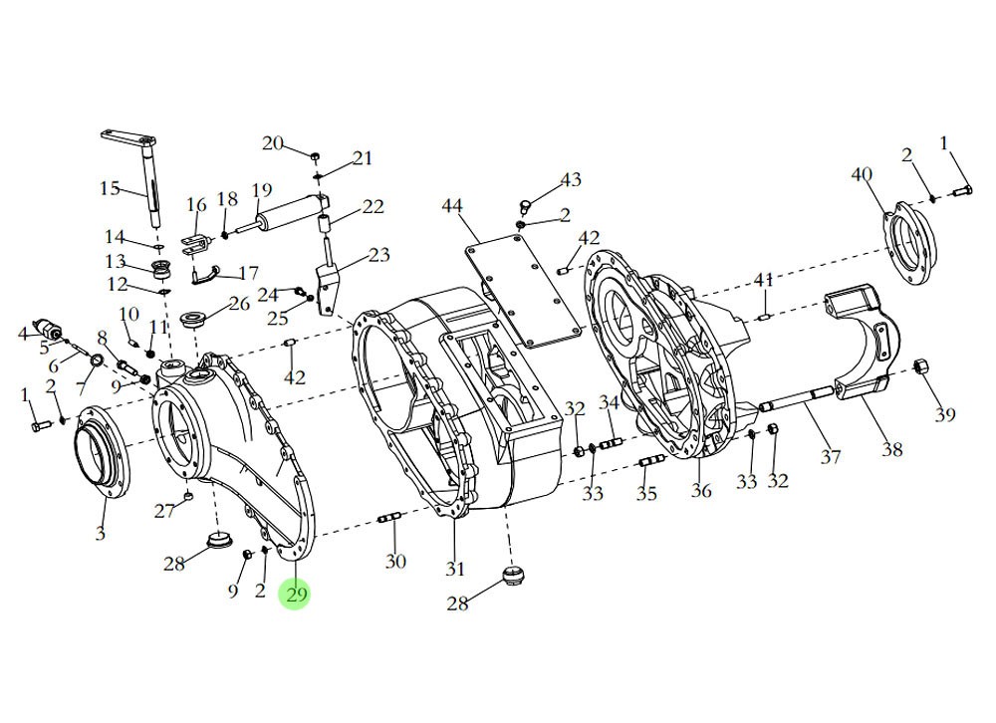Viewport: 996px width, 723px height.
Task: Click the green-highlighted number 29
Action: click(296, 595)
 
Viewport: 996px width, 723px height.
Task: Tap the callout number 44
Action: click(452, 206)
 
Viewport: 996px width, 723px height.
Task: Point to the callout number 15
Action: click(110, 189)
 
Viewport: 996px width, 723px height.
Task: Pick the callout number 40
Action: click(862, 175)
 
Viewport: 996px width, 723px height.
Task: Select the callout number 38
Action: click(891, 449)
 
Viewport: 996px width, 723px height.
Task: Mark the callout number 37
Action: click(831, 457)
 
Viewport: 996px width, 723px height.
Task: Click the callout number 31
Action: click(455, 569)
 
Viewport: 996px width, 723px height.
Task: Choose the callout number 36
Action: click(701, 491)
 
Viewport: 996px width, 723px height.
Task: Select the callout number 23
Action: click(378, 255)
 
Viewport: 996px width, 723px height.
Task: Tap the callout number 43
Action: click(570, 180)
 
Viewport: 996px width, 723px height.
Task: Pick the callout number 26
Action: click(239, 304)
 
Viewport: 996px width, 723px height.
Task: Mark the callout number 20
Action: click(273, 143)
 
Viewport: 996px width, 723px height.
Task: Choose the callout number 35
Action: click(646, 493)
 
